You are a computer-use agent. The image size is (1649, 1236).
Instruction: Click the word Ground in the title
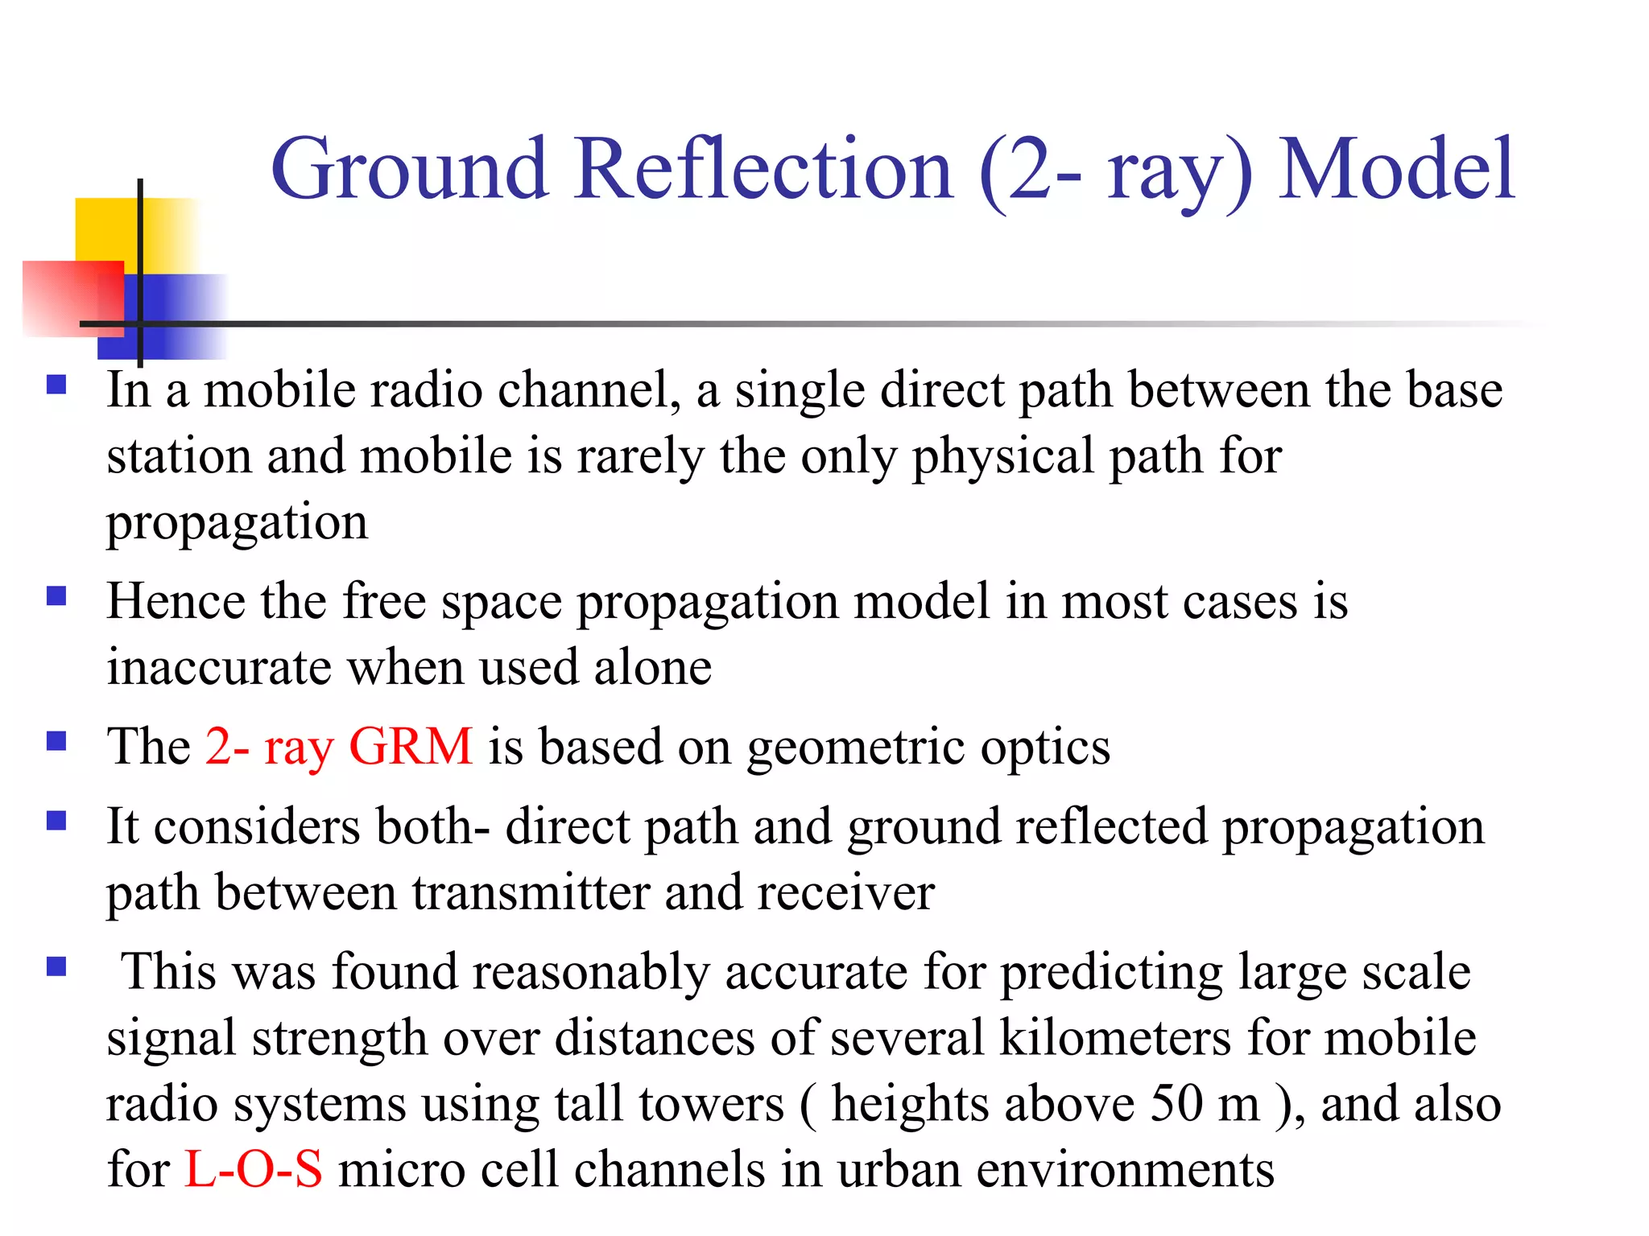coord(410,171)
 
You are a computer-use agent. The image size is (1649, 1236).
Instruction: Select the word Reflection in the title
coord(764,171)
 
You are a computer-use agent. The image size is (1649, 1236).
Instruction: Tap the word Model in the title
coord(1397,171)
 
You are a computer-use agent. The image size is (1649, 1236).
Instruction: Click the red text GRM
coord(411,747)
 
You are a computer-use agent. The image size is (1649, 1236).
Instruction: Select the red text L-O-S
coord(254,1169)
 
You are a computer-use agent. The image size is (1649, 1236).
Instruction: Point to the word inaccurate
coord(219,668)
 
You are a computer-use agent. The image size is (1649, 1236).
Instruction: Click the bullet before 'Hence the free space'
coord(56,596)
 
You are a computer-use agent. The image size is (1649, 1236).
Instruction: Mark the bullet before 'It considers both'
coord(56,821)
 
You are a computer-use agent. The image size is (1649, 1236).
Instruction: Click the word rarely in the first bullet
coord(640,457)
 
